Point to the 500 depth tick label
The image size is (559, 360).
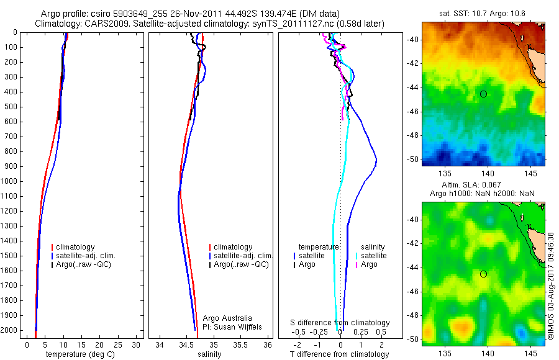click(x=10, y=107)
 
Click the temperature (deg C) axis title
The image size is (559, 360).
click(x=79, y=354)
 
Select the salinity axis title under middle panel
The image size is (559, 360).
click(x=208, y=354)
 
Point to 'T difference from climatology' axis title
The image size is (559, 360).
click(x=340, y=354)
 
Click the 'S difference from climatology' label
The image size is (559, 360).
click(x=340, y=323)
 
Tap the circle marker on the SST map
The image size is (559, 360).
click(x=483, y=94)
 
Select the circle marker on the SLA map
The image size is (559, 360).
click(x=483, y=274)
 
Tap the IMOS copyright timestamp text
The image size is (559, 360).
click(x=551, y=286)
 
